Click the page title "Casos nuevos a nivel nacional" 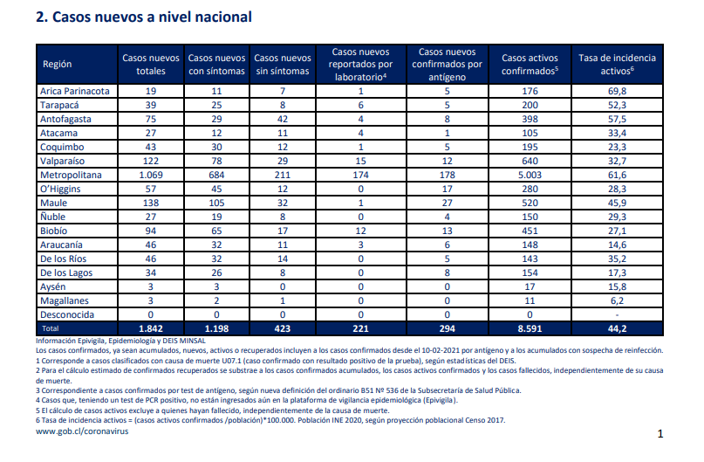[x=152, y=17]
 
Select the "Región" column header [x=57, y=65]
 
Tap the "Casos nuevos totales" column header [x=151, y=65]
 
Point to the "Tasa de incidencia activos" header [x=617, y=65]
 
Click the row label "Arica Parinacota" [x=74, y=91]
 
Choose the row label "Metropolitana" [x=71, y=175]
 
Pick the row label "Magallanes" [x=65, y=300]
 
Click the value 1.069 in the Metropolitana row [x=151, y=175]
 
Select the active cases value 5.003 [x=530, y=175]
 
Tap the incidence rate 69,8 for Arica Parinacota [x=617, y=91]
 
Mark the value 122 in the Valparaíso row [x=151, y=161]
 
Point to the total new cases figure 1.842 [x=151, y=328]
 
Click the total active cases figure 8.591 [x=530, y=328]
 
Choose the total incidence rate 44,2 [x=617, y=328]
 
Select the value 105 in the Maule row [x=216, y=203]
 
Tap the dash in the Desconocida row [x=617, y=315]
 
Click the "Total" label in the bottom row [x=51, y=328]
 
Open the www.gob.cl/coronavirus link [x=82, y=431]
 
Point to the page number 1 [x=660, y=434]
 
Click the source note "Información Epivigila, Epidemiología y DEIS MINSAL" [x=120, y=341]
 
